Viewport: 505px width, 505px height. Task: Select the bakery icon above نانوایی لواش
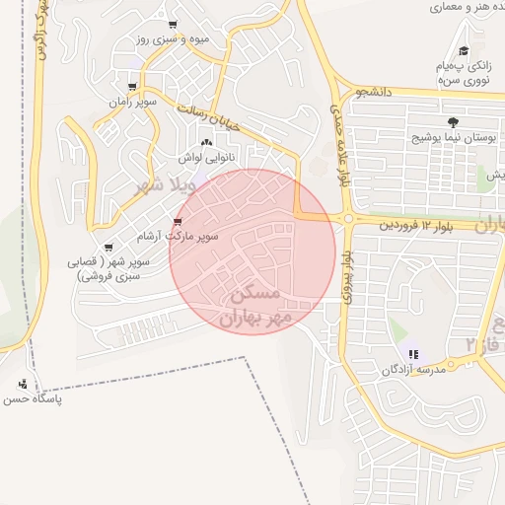pyautogui.click(x=205, y=143)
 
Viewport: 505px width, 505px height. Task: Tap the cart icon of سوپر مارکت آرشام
pyautogui.click(x=178, y=222)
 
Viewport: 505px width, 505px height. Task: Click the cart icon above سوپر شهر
pyautogui.click(x=108, y=248)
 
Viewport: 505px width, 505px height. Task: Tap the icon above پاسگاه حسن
pyautogui.click(x=24, y=384)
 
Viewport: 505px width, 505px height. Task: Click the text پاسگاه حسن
pyautogui.click(x=33, y=399)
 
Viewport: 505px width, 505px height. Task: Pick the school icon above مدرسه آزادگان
pyautogui.click(x=413, y=353)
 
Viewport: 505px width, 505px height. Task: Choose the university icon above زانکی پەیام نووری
pyautogui.click(x=464, y=51)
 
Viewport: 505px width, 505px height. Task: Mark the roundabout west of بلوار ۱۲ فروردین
pyautogui.click(x=347, y=219)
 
